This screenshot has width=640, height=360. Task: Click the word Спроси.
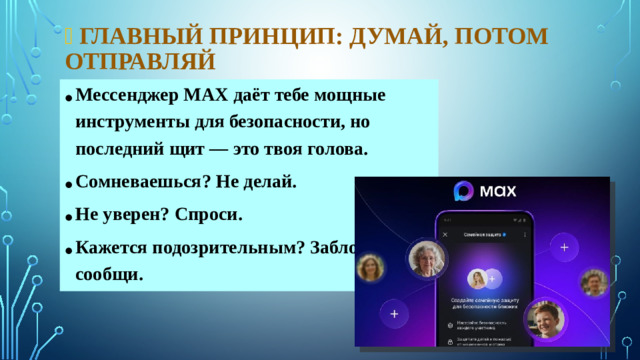(x=211, y=215)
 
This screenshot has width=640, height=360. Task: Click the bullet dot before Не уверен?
(x=65, y=218)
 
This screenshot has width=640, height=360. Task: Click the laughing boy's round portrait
(x=546, y=319)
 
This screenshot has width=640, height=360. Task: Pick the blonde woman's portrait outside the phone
(x=371, y=267)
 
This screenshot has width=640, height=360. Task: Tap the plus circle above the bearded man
(x=565, y=246)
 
